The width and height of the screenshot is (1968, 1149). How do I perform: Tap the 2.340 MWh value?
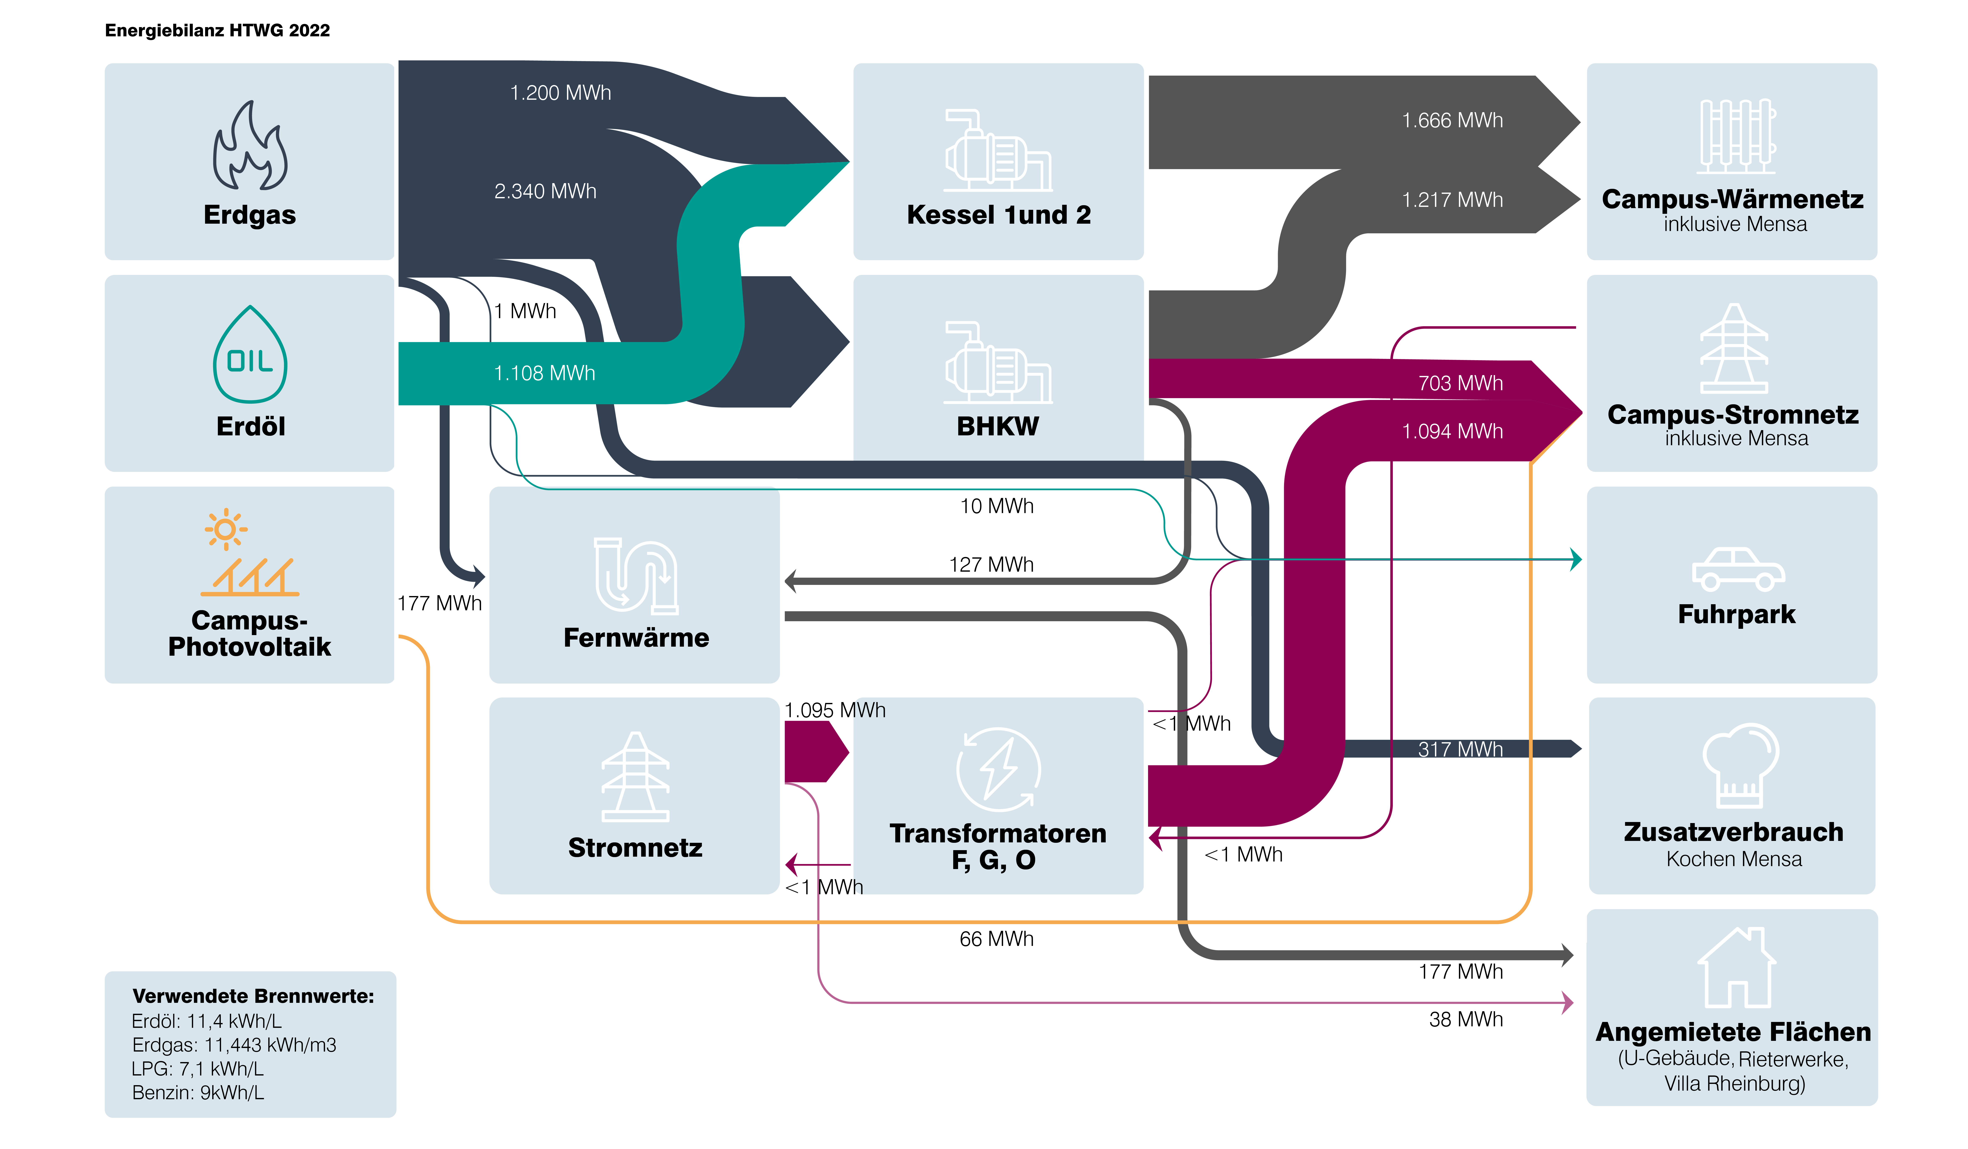point(545,191)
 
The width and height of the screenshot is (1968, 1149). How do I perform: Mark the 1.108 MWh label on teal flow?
point(544,373)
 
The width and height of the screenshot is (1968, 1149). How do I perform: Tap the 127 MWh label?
point(991,565)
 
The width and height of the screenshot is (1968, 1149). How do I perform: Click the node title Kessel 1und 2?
point(998,215)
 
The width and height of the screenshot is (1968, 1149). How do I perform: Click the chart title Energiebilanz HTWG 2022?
point(217,30)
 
